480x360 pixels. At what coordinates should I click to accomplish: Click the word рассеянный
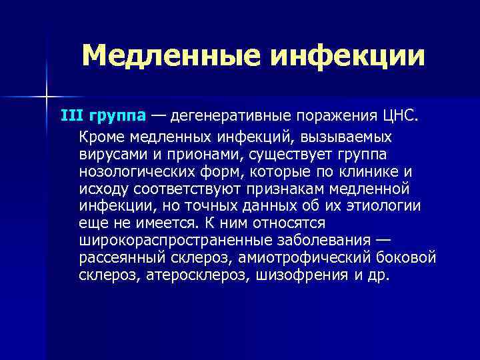pos(118,257)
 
